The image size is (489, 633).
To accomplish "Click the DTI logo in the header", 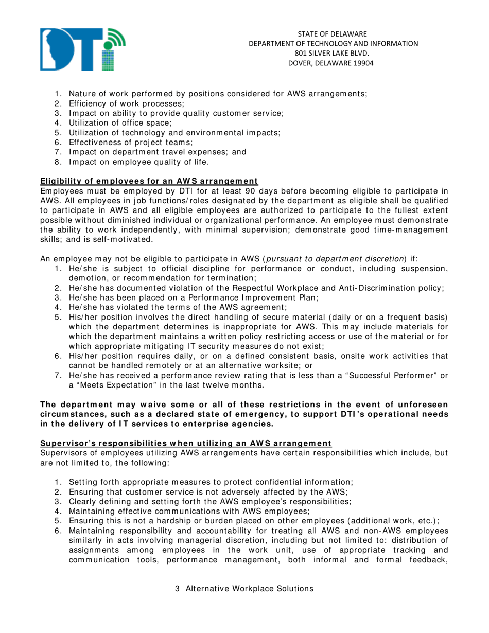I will (82, 49).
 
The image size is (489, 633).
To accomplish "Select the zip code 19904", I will (362, 63).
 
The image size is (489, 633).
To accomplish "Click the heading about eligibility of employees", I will (149, 181).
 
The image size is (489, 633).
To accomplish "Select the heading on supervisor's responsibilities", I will (186, 443).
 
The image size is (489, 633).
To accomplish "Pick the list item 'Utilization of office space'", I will (120, 122).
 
